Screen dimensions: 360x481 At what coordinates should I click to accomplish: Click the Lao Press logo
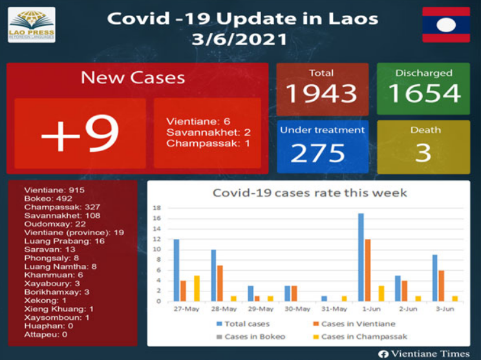(x=31, y=25)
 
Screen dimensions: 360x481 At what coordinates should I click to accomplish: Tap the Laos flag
(x=445, y=25)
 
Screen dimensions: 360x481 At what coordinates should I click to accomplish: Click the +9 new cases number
(x=80, y=134)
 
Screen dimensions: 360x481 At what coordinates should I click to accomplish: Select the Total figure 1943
(x=321, y=93)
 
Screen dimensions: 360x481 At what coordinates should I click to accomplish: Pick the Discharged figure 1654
(x=423, y=93)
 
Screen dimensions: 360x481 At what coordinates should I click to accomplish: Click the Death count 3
(x=423, y=153)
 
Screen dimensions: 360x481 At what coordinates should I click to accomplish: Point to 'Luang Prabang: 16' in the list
(x=64, y=240)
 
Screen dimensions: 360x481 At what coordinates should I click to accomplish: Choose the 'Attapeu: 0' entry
(x=46, y=334)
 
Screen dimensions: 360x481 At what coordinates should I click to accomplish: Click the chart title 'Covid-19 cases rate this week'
(x=310, y=193)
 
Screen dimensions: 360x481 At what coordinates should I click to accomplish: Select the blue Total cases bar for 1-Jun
(x=361, y=257)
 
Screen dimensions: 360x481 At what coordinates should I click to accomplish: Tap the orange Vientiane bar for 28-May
(x=220, y=283)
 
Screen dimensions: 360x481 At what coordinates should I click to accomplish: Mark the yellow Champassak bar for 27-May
(x=197, y=288)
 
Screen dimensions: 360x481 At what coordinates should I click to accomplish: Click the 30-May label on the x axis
(x=295, y=309)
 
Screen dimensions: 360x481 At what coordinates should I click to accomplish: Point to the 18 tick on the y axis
(x=156, y=208)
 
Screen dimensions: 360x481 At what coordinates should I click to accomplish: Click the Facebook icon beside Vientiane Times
(x=383, y=353)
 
